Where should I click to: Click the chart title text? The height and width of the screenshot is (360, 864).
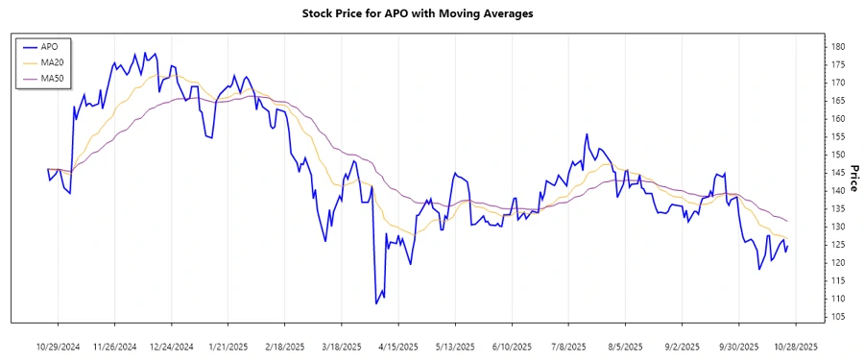(431, 14)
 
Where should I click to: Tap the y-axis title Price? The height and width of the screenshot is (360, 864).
(853, 179)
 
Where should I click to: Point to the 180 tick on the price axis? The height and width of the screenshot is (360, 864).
(837, 46)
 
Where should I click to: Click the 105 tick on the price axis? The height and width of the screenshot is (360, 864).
(837, 317)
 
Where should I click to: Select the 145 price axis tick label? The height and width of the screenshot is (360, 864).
(837, 173)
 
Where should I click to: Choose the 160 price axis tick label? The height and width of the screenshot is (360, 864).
(837, 119)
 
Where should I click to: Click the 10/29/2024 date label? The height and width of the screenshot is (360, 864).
(59, 346)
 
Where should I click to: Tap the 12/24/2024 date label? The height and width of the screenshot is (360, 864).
(173, 346)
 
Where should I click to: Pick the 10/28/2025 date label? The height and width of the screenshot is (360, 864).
(795, 346)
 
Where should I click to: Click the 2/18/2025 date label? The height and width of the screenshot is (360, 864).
(284, 346)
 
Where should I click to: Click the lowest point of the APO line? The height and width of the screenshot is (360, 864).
(376, 303)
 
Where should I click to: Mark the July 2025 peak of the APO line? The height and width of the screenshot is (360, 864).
(585, 134)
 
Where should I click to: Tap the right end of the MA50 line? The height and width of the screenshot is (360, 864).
(788, 222)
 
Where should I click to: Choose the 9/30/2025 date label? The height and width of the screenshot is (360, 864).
(739, 346)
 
